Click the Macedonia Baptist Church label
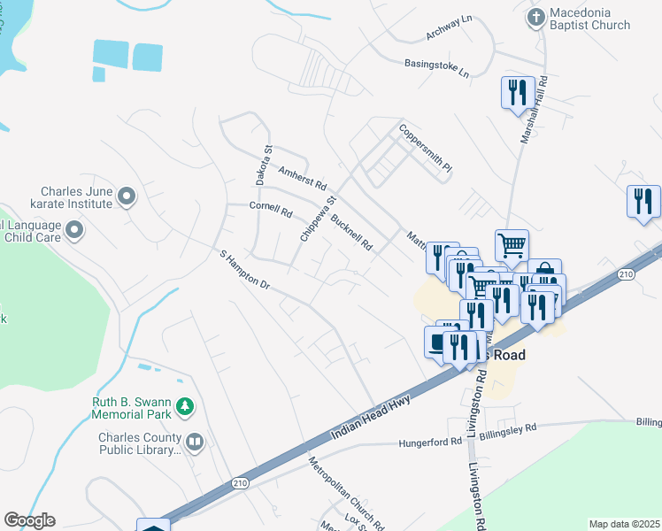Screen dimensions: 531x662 point(590,19)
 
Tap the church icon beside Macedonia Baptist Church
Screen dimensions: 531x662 point(535,16)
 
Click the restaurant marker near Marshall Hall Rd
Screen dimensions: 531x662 point(515,92)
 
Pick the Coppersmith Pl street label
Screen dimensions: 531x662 point(425,148)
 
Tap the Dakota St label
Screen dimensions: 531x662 point(262,165)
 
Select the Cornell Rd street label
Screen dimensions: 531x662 point(271,211)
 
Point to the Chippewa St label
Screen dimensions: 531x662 point(319,219)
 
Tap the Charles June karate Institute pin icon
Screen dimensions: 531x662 point(126,196)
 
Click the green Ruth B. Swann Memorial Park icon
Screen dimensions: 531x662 point(185,406)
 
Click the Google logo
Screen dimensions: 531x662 point(29,520)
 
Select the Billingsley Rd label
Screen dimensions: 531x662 point(507,431)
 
